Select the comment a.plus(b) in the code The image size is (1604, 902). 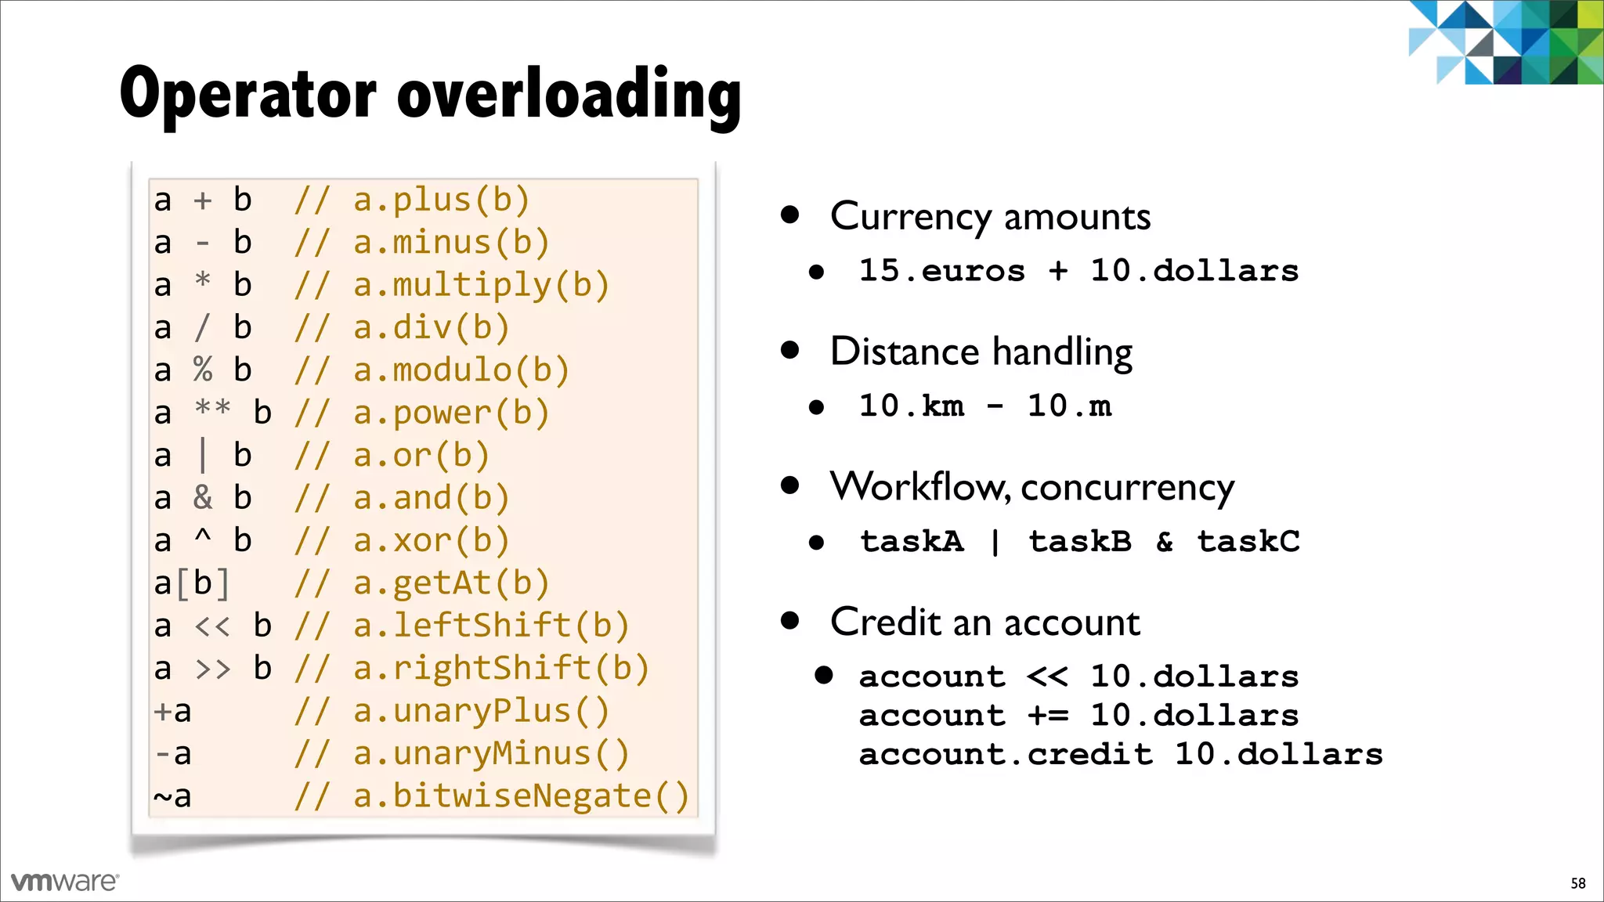click(441, 200)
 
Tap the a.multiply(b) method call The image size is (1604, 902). click(481, 286)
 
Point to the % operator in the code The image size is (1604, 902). click(203, 370)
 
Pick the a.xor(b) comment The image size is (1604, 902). click(431, 541)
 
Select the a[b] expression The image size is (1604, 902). click(192, 583)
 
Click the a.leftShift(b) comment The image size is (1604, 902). click(491, 626)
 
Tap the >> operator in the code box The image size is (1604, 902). click(212, 669)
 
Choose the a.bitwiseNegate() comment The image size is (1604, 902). click(521, 796)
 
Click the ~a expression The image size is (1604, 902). click(172, 796)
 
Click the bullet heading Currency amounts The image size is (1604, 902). click(990, 217)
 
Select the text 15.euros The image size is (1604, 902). click(941, 271)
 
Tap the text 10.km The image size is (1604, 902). click(912, 406)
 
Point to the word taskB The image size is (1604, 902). click(1080, 542)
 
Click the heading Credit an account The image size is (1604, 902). click(984, 623)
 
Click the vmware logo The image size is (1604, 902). click(65, 882)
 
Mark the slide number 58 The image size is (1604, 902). click(1577, 883)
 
